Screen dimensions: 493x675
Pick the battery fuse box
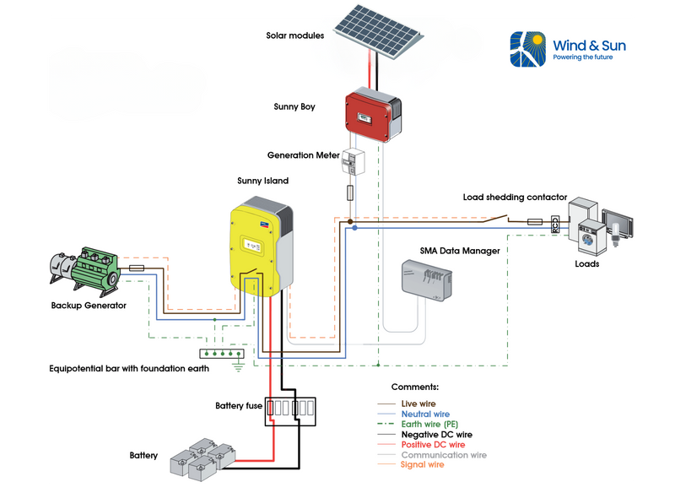pos(289,411)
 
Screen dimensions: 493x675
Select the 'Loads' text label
pos(586,263)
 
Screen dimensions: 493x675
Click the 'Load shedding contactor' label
pos(515,198)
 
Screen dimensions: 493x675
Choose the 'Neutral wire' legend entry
pos(425,414)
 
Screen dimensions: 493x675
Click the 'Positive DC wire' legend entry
pos(433,445)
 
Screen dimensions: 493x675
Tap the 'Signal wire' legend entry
pos(422,464)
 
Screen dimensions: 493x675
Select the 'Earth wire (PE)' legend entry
pos(429,425)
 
